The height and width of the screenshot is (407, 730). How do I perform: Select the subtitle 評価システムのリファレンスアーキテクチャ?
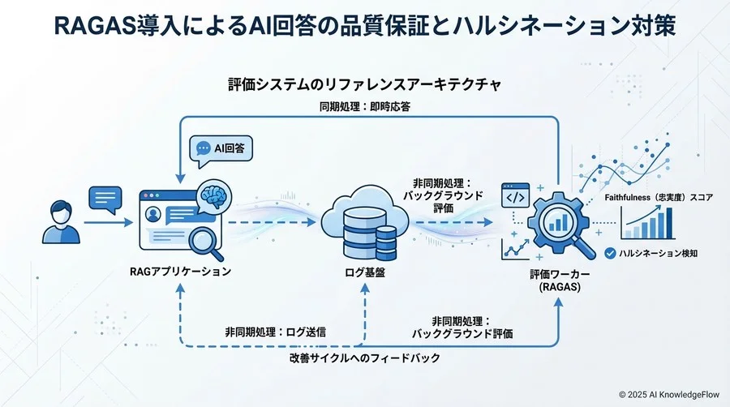point(364,84)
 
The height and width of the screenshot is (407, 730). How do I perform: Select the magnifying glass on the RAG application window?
point(204,240)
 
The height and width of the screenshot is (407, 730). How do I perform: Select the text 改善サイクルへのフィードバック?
point(364,358)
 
